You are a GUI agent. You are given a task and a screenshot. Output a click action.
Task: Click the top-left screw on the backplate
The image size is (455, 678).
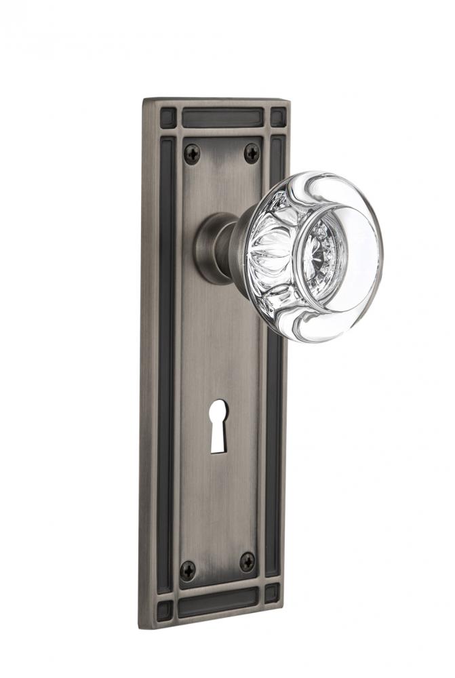point(192,154)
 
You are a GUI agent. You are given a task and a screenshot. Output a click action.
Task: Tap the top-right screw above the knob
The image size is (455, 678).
point(252,153)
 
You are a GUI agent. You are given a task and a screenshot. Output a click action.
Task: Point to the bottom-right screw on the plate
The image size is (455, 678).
point(248,561)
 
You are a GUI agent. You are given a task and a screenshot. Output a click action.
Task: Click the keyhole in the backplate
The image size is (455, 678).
point(218,426)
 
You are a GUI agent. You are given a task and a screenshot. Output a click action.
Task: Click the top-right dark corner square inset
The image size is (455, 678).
point(278,117)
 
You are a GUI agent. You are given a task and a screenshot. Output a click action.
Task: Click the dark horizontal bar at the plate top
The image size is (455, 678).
point(221,118)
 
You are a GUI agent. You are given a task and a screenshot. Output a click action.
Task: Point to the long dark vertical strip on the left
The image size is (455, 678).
point(165,359)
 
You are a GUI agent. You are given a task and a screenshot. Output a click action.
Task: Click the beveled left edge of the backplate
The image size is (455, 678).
point(147,359)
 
